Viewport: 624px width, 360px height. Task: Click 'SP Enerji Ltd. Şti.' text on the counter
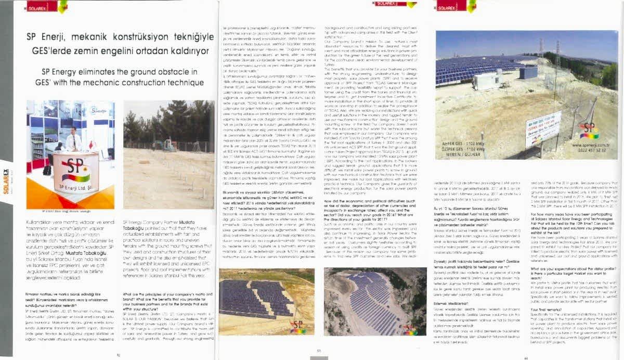(x=77, y=187)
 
